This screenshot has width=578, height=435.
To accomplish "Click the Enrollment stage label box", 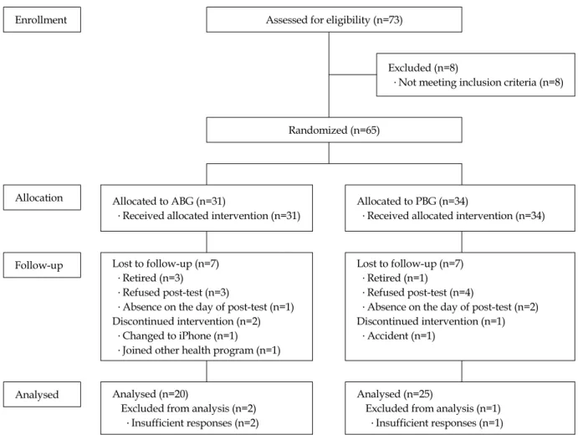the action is [42, 19].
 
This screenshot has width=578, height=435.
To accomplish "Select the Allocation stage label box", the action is [42, 197].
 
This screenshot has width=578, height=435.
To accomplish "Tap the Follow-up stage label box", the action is [42, 265].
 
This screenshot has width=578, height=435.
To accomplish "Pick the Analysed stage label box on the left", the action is [42, 395].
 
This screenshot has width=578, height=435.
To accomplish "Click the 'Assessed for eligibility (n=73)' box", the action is [334, 19].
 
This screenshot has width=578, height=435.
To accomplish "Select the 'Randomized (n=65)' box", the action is [334, 130].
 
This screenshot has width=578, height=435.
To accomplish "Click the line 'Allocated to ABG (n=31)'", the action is [169, 202].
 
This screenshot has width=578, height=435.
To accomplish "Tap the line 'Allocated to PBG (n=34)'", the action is [412, 202].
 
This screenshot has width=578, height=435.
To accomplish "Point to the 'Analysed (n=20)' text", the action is [151, 394].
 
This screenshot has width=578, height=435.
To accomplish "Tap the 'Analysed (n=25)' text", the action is [395, 394].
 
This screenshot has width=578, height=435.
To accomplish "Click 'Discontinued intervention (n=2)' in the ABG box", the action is [187, 321].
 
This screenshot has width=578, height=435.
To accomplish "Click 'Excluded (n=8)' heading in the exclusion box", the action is [423, 68].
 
